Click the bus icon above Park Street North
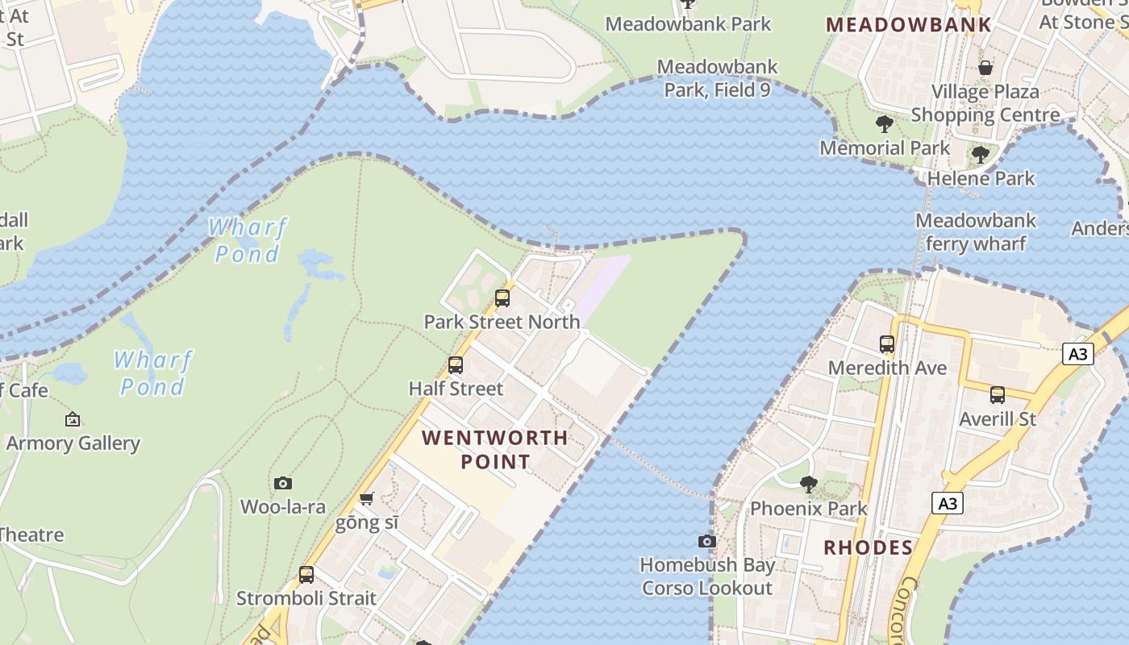502,298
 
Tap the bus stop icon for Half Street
456,365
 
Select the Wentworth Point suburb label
495,450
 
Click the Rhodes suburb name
868,548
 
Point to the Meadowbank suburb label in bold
909,24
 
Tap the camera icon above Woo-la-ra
282,483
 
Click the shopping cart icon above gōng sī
366,499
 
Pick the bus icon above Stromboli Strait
306,575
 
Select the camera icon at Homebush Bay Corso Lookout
707,541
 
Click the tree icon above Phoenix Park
808,485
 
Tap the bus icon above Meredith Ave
887,344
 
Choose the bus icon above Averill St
998,395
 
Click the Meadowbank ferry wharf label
976,231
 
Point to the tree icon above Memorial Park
885,124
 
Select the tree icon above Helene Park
981,154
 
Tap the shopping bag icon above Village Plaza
985,68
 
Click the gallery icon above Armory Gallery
73,419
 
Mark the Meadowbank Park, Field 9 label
717,78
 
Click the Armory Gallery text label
73,443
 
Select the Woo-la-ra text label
283,506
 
